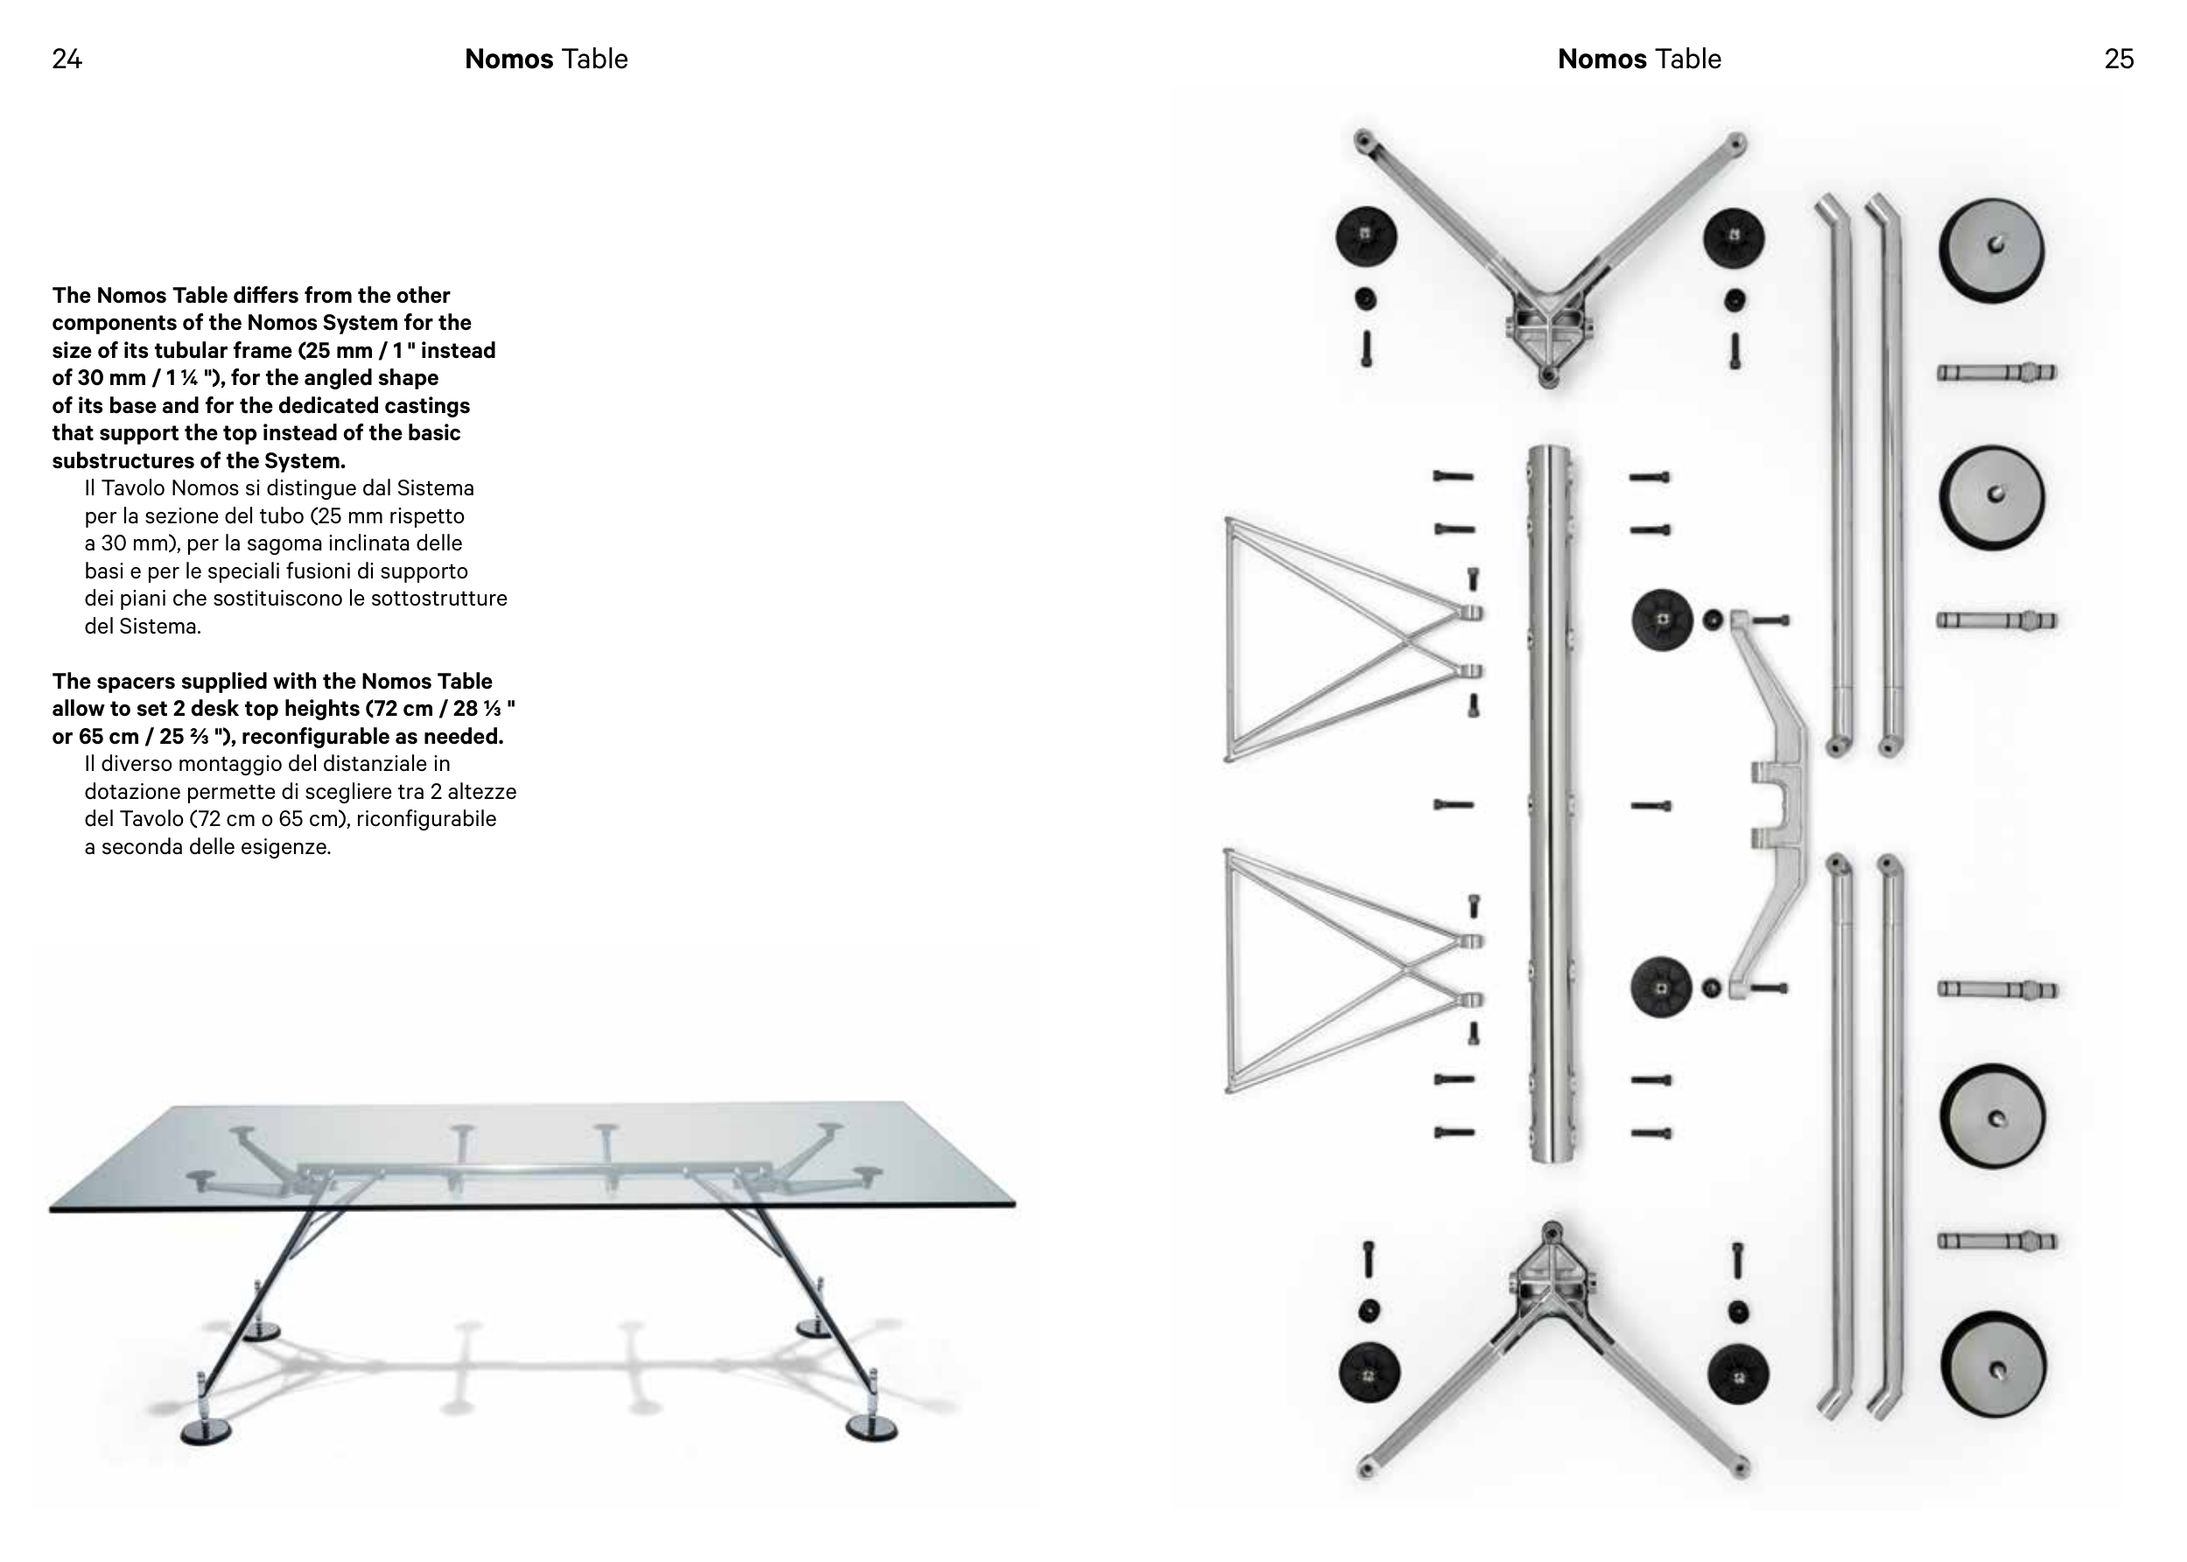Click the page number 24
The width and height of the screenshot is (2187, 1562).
tap(67, 60)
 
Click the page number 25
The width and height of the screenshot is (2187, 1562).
tap(2119, 60)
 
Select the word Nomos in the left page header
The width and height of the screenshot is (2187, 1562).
tap(508, 60)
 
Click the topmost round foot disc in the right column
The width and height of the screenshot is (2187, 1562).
tap(1991, 250)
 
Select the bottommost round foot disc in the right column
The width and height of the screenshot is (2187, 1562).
tap(1993, 1365)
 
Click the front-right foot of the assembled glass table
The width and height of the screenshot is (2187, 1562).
tap(872, 1427)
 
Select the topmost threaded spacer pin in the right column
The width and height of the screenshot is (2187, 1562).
tap(1995, 372)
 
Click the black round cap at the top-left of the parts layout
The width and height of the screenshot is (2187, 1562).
tap(1367, 235)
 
